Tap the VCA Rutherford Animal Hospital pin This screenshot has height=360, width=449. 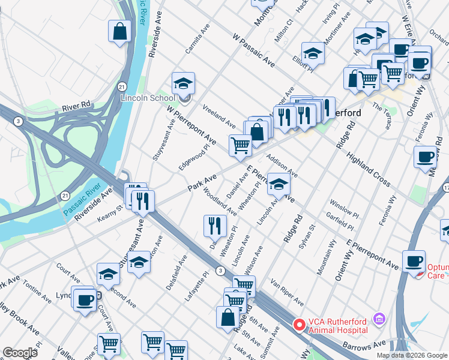point(298,325)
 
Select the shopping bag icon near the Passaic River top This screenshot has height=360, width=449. point(120,31)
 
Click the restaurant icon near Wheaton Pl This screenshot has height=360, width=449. point(215,226)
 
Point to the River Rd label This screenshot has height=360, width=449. point(76,106)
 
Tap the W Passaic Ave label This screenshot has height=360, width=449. point(254,51)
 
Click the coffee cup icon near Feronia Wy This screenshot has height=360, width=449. point(425,157)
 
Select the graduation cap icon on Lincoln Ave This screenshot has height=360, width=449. point(279,184)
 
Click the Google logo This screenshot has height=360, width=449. point(20,352)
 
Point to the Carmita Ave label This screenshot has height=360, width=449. point(197,39)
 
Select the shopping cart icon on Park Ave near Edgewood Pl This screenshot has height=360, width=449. point(240,145)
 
